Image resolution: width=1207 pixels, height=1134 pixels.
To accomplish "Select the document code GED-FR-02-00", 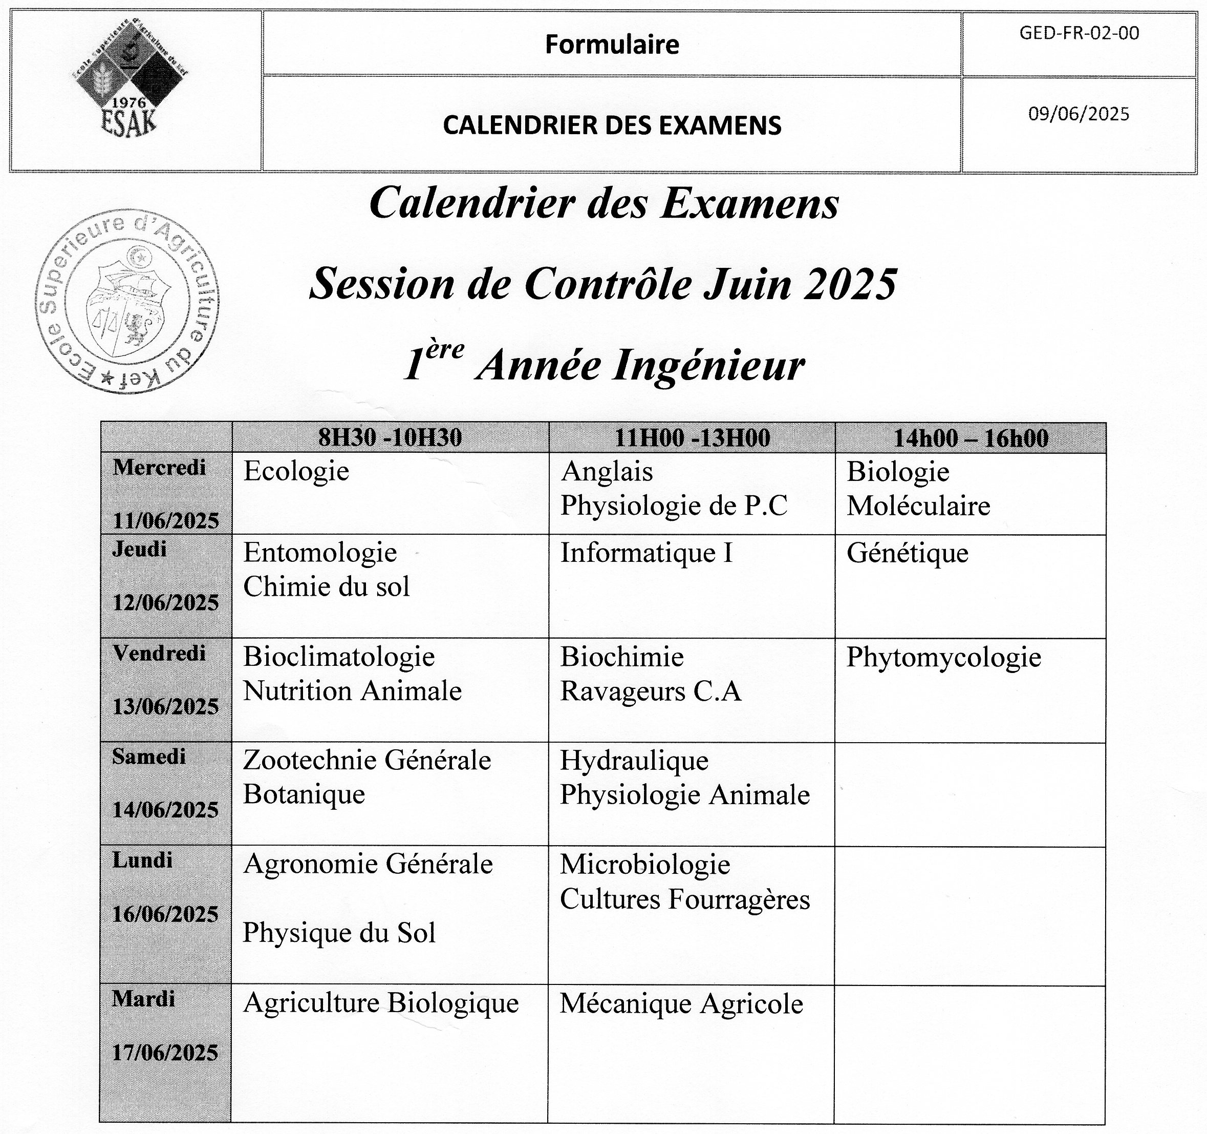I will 1079,33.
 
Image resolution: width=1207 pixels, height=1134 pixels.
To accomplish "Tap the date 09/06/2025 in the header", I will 1079,114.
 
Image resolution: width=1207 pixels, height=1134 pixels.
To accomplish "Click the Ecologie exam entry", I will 296,471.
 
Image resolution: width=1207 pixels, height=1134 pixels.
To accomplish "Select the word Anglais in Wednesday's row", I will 607,471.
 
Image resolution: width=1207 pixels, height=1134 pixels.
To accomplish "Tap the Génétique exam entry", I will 907,553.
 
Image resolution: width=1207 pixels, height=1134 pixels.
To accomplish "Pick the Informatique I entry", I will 646,553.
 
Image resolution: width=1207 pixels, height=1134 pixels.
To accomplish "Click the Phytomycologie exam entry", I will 943,657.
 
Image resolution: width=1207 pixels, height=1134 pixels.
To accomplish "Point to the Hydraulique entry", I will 634,761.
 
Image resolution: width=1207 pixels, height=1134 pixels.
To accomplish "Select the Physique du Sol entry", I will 339,933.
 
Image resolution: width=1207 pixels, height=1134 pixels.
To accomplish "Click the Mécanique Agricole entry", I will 681,1004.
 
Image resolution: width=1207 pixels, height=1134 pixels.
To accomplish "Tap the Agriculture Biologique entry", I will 381,1003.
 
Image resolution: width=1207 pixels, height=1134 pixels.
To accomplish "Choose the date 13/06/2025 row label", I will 165,706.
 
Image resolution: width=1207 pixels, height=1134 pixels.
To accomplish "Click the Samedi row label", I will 149,757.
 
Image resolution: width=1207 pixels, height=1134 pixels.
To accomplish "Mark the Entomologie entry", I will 320,553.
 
